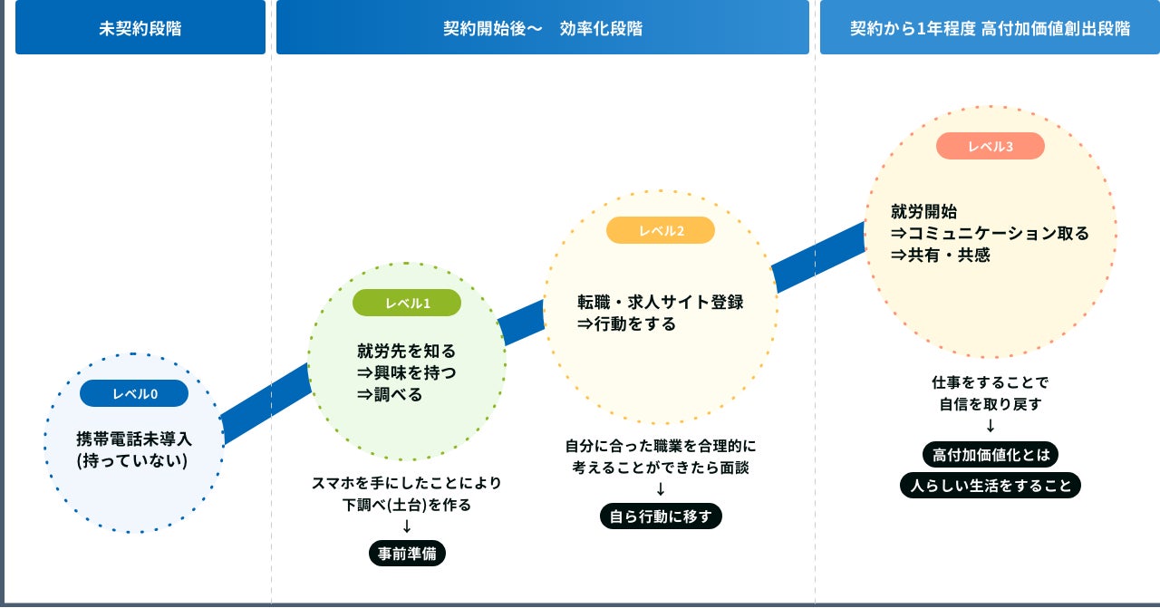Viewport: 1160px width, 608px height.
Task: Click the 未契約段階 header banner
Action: (140, 27)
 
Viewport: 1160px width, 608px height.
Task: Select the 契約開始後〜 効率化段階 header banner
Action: (542, 27)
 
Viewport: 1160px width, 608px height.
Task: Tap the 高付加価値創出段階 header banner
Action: (990, 27)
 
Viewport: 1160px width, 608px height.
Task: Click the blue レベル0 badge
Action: (134, 393)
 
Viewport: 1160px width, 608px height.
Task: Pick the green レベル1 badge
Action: (407, 303)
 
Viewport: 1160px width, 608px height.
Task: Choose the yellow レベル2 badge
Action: (661, 230)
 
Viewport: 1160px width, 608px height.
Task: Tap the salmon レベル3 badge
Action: (991, 146)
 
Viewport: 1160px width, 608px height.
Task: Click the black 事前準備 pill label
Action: (408, 553)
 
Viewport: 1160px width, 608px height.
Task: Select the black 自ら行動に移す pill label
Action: (661, 516)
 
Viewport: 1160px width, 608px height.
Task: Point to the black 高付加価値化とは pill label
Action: (990, 453)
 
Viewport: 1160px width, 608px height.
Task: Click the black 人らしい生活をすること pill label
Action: (991, 485)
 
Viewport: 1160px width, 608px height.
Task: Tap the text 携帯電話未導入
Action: (134, 439)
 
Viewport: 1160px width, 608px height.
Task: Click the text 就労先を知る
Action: (407, 351)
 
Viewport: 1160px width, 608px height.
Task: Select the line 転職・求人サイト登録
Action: (661, 302)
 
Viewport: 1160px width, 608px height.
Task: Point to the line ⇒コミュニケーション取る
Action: (990, 233)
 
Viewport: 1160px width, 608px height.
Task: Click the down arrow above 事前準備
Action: (407, 526)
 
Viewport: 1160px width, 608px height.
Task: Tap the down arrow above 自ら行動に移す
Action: (661, 489)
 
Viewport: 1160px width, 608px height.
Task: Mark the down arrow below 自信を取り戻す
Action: (991, 426)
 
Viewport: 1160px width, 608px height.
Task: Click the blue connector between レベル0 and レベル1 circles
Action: (266, 404)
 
